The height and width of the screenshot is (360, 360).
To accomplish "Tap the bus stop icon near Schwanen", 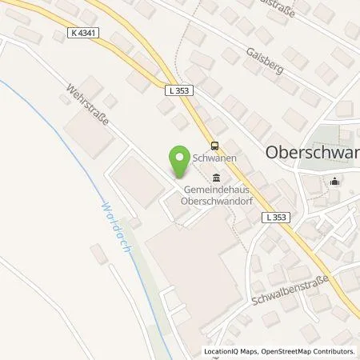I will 214,145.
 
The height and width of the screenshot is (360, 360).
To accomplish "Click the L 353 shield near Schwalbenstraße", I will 275,216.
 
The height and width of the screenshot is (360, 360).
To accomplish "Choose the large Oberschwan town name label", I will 311,153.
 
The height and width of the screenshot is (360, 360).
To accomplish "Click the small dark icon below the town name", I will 335,181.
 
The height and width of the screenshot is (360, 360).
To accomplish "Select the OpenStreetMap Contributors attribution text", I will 310,351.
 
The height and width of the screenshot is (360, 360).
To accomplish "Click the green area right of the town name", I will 336,134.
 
